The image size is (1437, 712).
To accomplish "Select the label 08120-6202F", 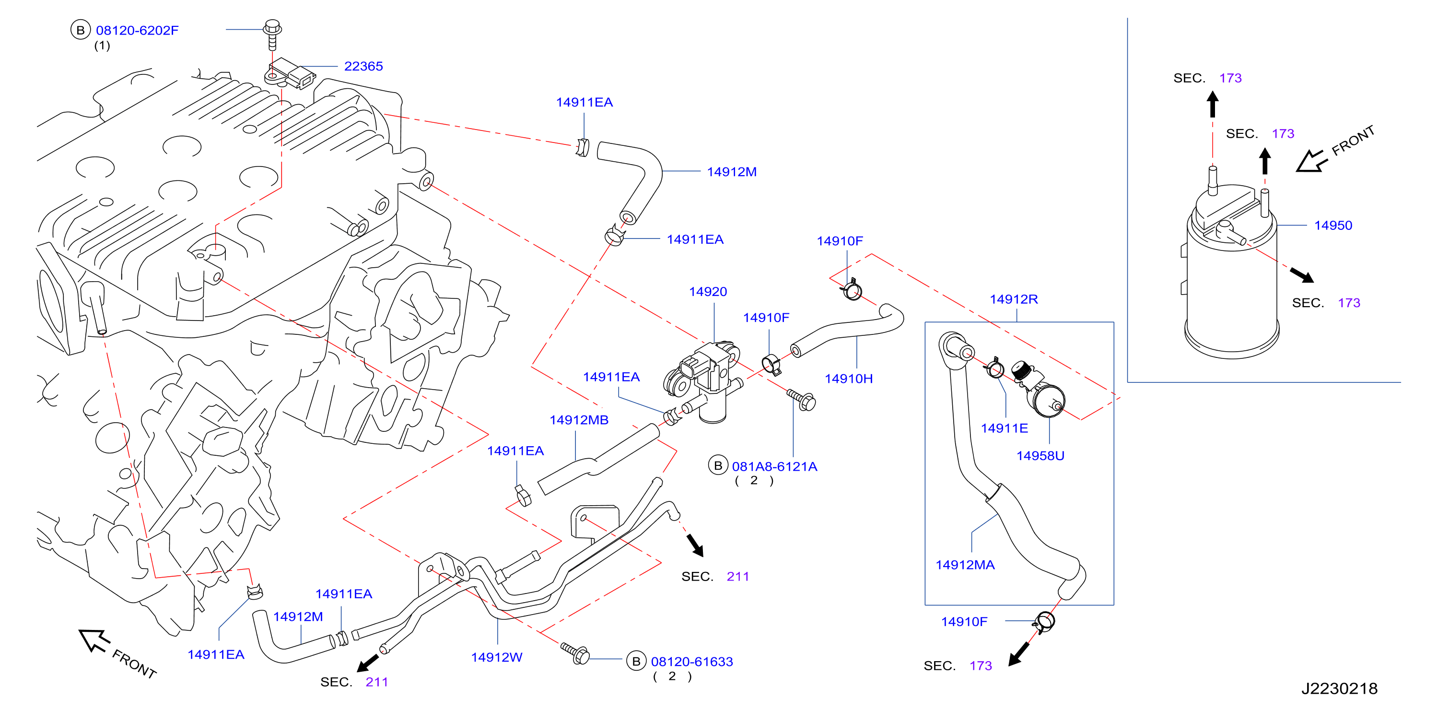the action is pos(137,30).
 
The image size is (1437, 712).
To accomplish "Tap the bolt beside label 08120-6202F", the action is pos(272,35).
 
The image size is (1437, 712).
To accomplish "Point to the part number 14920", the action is pos(707,291).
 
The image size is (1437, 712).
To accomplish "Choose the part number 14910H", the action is pos(849,379).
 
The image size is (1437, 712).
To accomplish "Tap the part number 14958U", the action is pos(1040,455).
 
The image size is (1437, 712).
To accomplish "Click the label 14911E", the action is pos(1004,428).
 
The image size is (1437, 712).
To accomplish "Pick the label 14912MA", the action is pos(965,565).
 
